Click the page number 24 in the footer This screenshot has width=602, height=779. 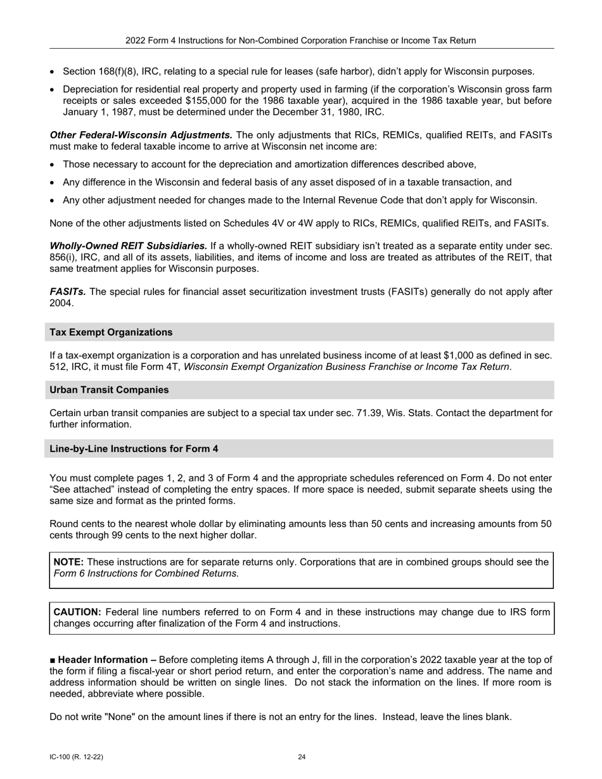point(302,757)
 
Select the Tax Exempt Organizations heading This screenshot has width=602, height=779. point(111,332)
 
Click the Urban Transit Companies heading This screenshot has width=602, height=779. point(109,390)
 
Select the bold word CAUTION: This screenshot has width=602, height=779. point(77,612)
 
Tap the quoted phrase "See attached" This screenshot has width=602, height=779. point(81,490)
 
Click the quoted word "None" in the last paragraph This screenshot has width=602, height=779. point(122,718)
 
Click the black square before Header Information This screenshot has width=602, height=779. point(53,660)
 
